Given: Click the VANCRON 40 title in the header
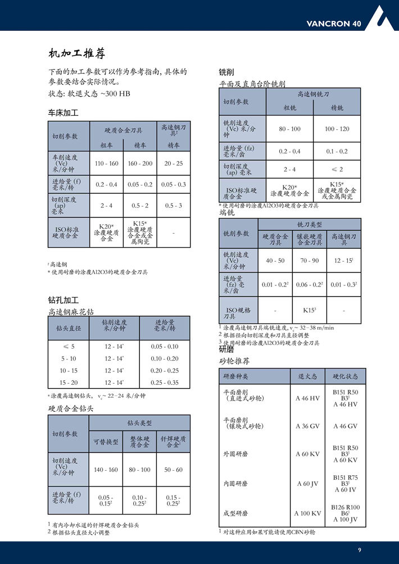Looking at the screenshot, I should click(334, 24).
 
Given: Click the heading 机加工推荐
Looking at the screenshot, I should click(77, 54).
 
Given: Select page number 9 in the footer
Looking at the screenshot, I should click(359, 549).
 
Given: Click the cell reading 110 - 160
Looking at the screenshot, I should click(107, 163).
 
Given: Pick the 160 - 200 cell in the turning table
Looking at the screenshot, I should click(140, 163).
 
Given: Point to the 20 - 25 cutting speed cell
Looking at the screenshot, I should click(174, 163).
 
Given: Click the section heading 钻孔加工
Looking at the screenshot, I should click(64, 300).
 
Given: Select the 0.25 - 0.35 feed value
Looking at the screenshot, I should click(165, 383).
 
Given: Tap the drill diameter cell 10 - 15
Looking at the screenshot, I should click(69, 371).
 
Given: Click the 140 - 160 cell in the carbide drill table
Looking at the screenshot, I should click(106, 470).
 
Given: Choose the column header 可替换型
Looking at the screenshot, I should click(106, 442).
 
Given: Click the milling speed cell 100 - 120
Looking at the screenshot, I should click(337, 129).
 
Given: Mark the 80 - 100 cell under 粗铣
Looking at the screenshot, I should click(290, 129).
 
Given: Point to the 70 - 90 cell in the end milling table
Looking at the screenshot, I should click(309, 261).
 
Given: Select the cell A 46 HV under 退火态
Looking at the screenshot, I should click(307, 398).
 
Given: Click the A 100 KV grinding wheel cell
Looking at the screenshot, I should click(307, 513).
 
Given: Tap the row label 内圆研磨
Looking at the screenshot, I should click(235, 483).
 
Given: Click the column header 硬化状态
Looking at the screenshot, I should click(346, 376).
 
